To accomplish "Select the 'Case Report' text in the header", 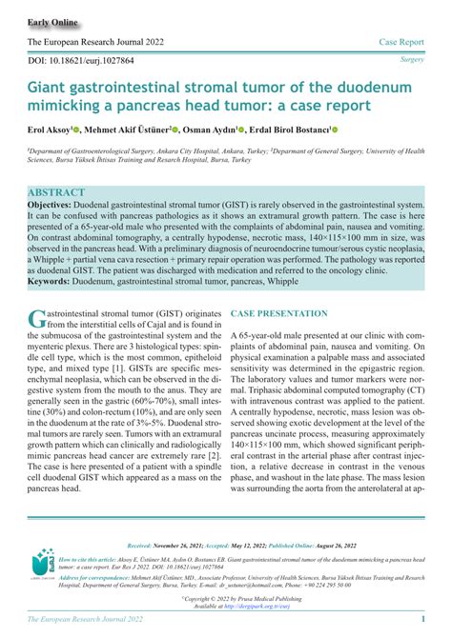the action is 401,43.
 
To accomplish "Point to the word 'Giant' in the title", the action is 51,88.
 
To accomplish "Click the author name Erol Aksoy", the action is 53,130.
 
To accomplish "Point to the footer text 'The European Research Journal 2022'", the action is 85,620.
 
